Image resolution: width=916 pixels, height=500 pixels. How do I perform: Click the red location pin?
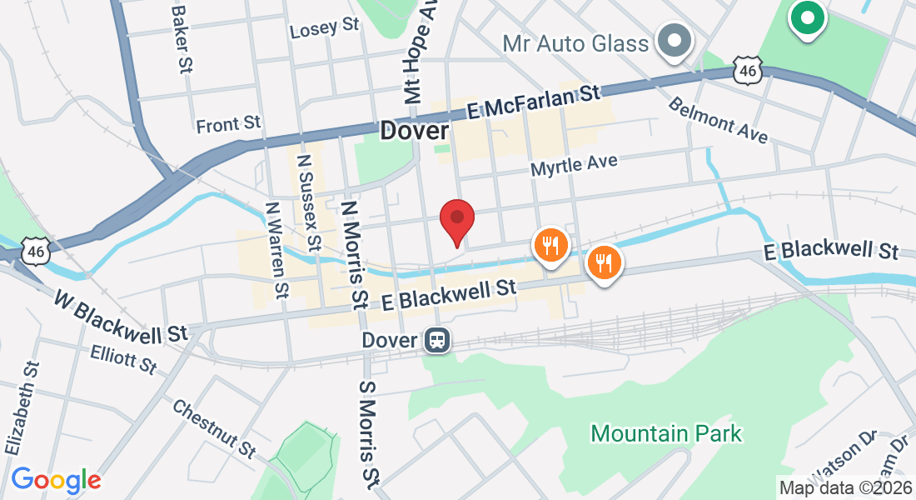coord(457,221)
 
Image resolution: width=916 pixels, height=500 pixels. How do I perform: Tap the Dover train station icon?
coord(436,340)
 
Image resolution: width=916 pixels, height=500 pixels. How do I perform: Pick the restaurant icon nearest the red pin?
coord(550,246)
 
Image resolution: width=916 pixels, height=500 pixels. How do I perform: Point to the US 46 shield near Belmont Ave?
coord(747,71)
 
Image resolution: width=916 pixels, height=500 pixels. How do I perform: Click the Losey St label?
coord(324,28)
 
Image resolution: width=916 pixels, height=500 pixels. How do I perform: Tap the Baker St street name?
coord(181,37)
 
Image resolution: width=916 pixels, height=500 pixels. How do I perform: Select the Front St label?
coord(228,125)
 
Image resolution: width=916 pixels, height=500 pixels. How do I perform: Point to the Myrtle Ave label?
coord(575,164)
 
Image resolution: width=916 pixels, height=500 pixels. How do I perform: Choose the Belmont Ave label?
coord(717,121)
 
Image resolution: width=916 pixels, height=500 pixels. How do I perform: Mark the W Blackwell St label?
coord(121,317)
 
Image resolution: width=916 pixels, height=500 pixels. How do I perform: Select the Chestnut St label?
coord(213,428)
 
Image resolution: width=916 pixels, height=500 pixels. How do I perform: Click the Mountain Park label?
coord(666,433)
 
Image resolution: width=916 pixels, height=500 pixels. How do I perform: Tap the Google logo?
coord(56,480)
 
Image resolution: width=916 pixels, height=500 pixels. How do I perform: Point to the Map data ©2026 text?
coord(844,487)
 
